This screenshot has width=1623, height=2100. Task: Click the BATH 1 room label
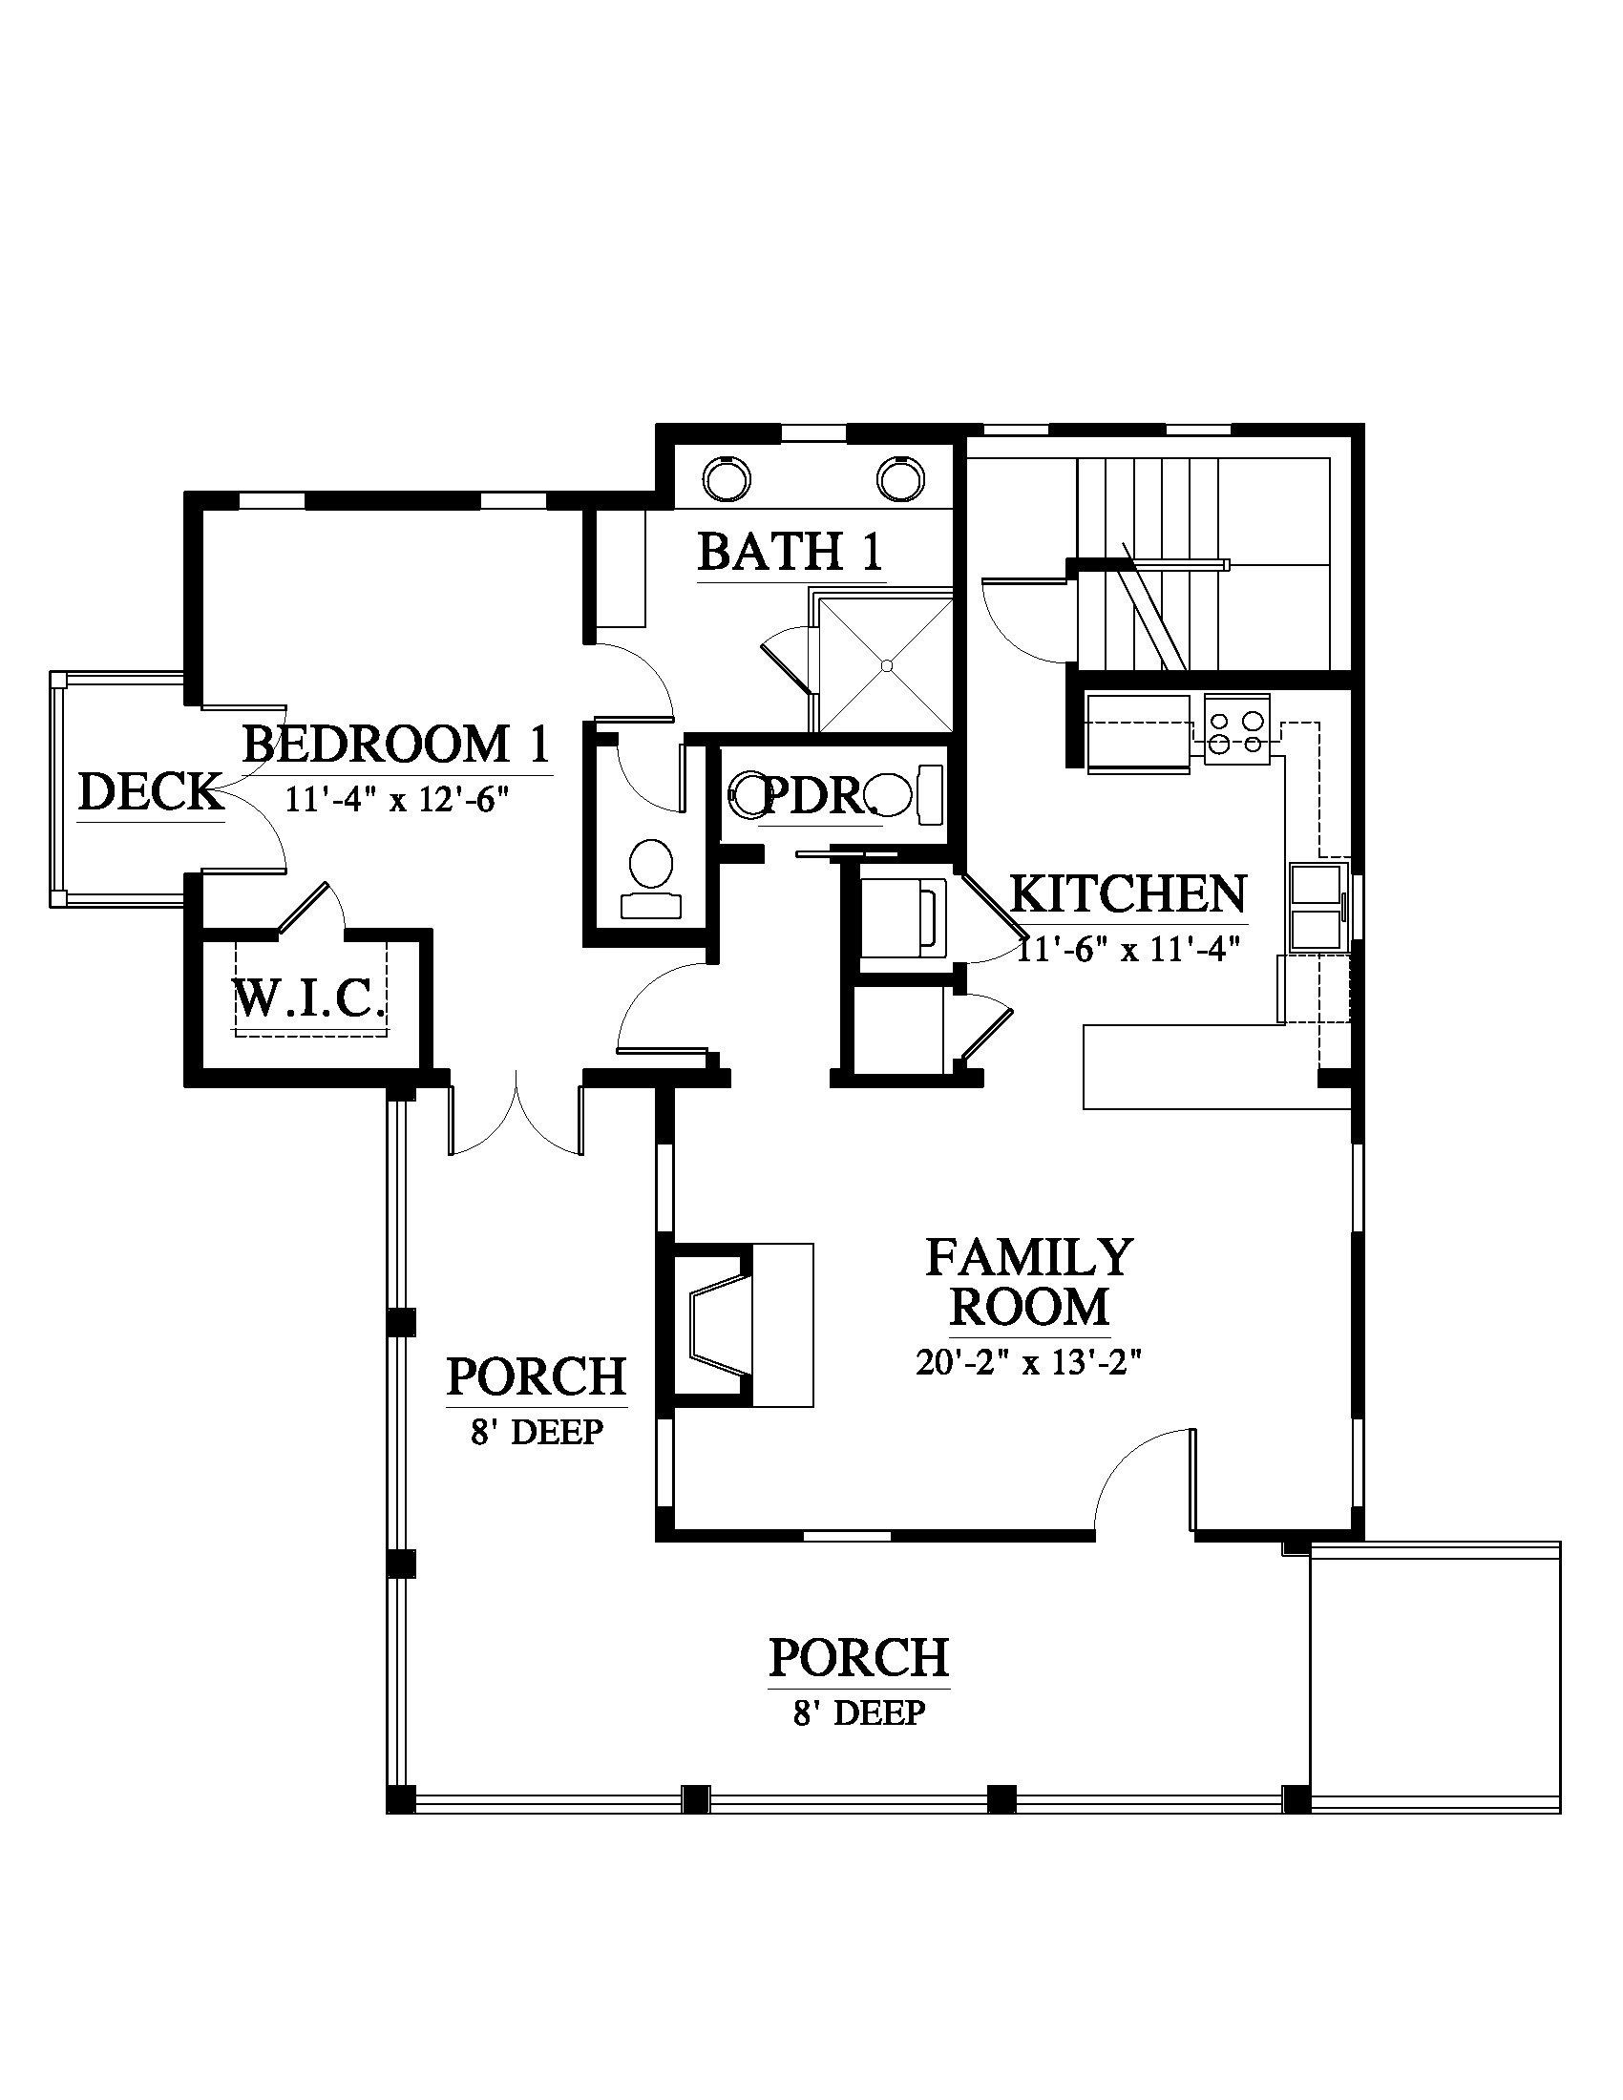click(790, 552)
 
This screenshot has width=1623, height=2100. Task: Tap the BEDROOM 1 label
click(395, 744)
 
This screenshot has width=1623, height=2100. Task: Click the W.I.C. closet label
click(310, 999)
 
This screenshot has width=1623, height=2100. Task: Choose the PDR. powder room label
click(819, 796)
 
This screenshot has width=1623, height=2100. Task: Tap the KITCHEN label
click(1128, 894)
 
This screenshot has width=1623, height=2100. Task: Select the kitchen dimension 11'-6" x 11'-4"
click(1128, 949)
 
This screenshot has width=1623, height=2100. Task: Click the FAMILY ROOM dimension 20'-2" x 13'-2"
click(1028, 1362)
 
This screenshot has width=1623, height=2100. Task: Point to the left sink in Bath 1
click(726, 476)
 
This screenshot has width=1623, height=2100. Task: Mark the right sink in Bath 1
click(900, 476)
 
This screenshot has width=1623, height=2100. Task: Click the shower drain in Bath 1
click(887, 664)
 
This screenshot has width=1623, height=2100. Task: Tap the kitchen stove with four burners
click(1236, 730)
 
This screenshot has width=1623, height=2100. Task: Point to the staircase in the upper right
click(1202, 564)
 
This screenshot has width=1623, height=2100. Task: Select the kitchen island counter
click(1217, 1067)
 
